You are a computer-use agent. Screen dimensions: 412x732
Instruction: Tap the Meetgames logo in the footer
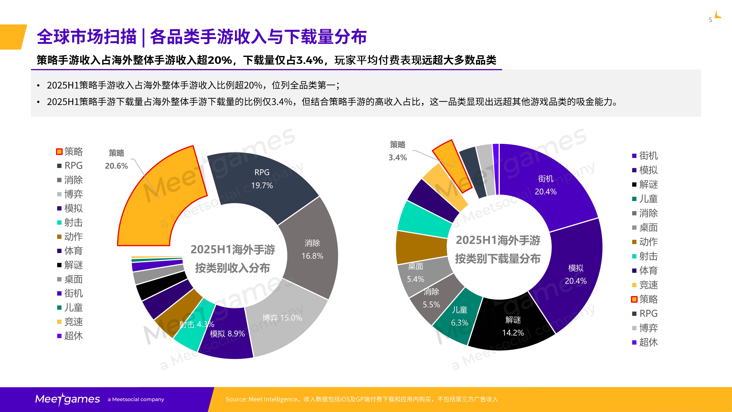click(x=67, y=399)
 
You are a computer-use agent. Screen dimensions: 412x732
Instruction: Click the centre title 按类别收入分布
click(x=232, y=268)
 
